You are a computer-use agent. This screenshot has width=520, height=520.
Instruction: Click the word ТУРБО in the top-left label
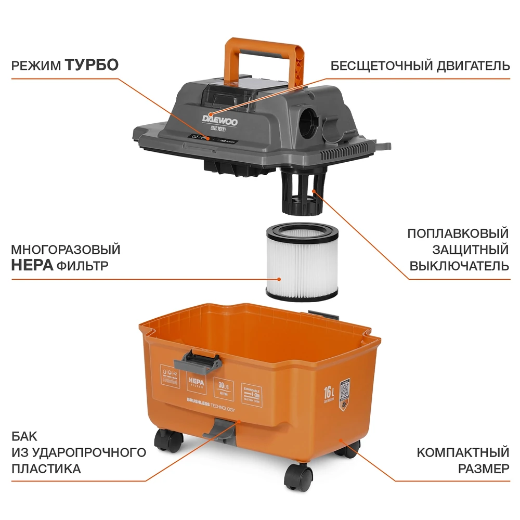click(x=92, y=65)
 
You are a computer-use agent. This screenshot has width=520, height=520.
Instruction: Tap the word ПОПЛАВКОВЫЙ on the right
click(x=458, y=233)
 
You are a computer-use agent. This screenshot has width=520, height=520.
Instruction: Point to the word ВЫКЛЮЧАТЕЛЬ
click(x=459, y=266)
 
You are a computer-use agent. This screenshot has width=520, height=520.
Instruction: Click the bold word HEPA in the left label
click(x=32, y=266)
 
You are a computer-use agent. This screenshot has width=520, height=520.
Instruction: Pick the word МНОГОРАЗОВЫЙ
click(x=66, y=250)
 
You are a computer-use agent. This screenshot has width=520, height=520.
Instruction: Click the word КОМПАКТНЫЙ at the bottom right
click(x=463, y=452)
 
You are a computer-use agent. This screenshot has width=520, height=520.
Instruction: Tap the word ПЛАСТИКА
click(x=46, y=469)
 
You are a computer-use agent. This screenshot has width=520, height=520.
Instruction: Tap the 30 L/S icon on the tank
click(x=224, y=388)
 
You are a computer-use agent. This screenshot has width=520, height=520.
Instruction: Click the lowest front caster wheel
click(x=299, y=477)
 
